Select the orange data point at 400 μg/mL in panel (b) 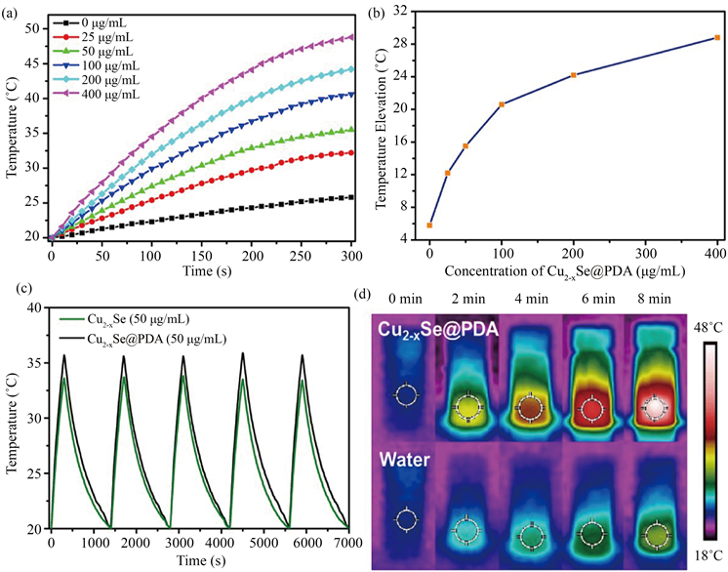coord(717,37)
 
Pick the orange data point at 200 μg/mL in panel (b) coord(574,75)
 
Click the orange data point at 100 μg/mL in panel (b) coord(502,104)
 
